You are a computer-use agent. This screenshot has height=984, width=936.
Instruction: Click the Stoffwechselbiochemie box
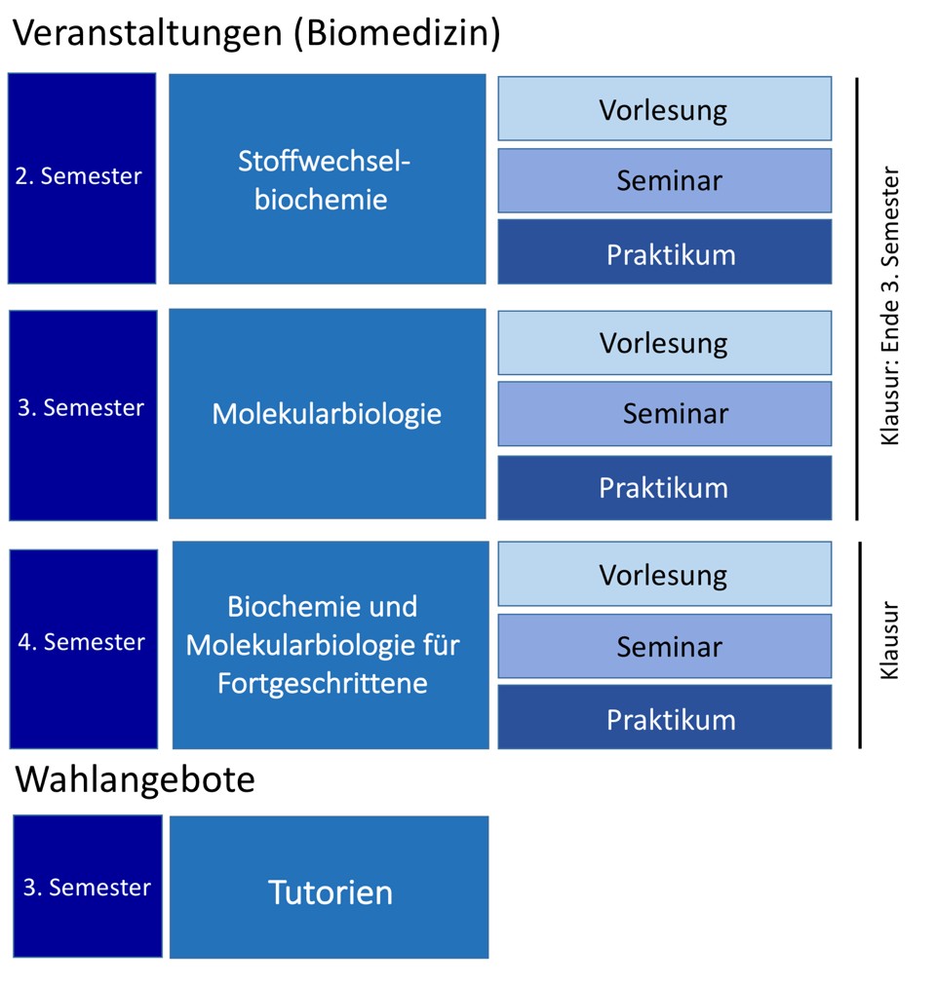coord(327,179)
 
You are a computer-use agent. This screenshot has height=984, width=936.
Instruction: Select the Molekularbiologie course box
coord(327,414)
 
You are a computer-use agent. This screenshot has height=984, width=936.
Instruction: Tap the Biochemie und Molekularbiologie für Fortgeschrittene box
coord(331,645)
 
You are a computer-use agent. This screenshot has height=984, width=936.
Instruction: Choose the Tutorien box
coord(330,887)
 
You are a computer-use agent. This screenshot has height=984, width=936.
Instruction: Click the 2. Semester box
coord(82,178)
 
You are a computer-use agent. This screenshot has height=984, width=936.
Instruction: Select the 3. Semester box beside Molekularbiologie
coord(83,415)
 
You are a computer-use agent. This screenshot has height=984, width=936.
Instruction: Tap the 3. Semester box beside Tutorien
coord(88,887)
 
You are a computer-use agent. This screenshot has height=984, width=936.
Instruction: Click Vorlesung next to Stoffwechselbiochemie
coord(664,108)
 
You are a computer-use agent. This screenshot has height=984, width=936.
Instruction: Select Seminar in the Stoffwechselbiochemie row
coord(664,180)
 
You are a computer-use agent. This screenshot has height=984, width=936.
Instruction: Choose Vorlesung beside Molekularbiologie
coord(664,343)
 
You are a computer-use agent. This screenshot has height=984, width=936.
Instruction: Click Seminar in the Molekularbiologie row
coord(664,413)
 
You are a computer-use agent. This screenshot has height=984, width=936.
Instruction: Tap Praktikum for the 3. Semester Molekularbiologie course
coord(664,487)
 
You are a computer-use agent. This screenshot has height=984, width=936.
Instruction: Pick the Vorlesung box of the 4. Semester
coord(664,574)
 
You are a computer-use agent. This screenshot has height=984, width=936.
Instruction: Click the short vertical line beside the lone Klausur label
coord(860,645)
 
